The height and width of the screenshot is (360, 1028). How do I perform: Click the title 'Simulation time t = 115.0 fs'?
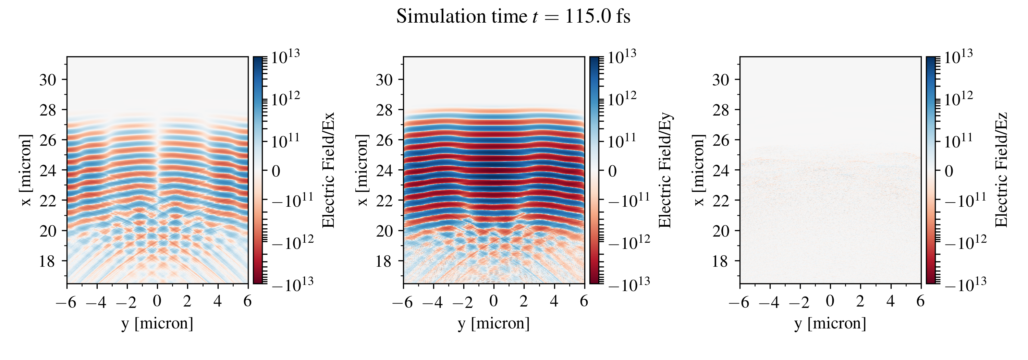513,17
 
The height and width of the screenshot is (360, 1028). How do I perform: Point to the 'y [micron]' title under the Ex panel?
157,323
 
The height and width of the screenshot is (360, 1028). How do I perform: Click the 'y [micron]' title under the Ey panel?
494,323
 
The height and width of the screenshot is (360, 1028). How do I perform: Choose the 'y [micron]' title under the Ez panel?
830,323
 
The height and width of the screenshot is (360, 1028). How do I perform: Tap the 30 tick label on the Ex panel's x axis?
48,80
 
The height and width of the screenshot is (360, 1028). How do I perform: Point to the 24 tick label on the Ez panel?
721,170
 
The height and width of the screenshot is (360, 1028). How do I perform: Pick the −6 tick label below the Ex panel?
66,302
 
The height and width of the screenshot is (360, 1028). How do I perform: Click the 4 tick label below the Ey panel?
554,301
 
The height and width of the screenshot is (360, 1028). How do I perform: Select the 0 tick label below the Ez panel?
830,301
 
